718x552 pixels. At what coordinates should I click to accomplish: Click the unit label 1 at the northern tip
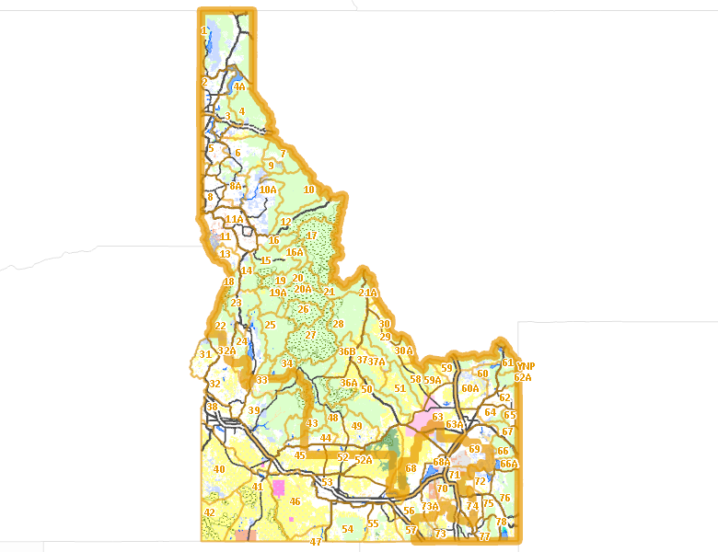(x=203, y=30)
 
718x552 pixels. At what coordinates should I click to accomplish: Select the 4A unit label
(x=239, y=86)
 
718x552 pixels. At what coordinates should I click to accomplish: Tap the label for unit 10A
(x=268, y=190)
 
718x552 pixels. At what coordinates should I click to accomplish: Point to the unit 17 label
(x=311, y=236)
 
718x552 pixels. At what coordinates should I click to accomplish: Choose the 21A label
(x=368, y=293)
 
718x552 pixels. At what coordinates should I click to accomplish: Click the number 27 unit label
(x=311, y=335)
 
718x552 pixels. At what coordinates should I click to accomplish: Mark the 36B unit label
(x=346, y=351)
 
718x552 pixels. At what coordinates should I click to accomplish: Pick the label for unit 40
(x=219, y=469)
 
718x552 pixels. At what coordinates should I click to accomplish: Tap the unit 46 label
(x=295, y=501)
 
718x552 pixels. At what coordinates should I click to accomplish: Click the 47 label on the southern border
(x=316, y=543)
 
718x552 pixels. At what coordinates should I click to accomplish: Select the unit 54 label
(x=347, y=529)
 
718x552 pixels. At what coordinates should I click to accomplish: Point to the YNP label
(x=526, y=366)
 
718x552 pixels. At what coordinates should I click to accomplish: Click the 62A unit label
(x=523, y=377)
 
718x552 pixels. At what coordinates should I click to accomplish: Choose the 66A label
(x=509, y=464)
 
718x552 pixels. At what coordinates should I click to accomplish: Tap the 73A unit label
(x=430, y=506)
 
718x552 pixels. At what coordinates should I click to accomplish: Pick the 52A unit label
(x=364, y=459)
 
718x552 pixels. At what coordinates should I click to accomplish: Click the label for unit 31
(x=205, y=354)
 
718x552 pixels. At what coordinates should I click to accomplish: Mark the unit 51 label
(x=400, y=388)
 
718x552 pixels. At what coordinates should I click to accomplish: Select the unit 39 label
(x=254, y=410)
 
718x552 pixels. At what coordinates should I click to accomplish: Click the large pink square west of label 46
(x=278, y=488)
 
